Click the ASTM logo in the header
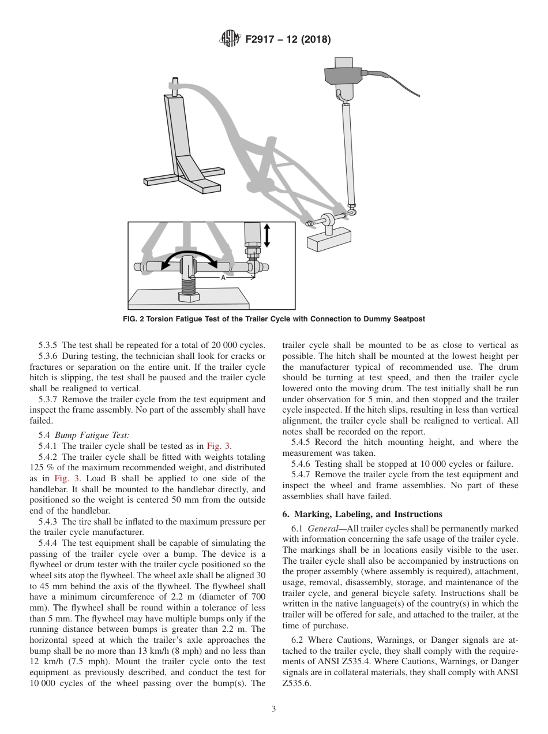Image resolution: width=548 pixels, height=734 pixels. pyautogui.click(x=230, y=39)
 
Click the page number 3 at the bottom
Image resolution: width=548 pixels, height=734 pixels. pyautogui.click(x=274, y=709)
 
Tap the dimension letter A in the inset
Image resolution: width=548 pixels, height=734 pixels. pyautogui.click(x=223, y=278)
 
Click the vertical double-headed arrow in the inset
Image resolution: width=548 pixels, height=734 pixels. pyautogui.click(x=267, y=235)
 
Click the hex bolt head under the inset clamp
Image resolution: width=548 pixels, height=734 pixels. pyautogui.click(x=189, y=297)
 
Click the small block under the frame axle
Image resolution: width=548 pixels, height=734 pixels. pyautogui.click(x=329, y=237)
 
